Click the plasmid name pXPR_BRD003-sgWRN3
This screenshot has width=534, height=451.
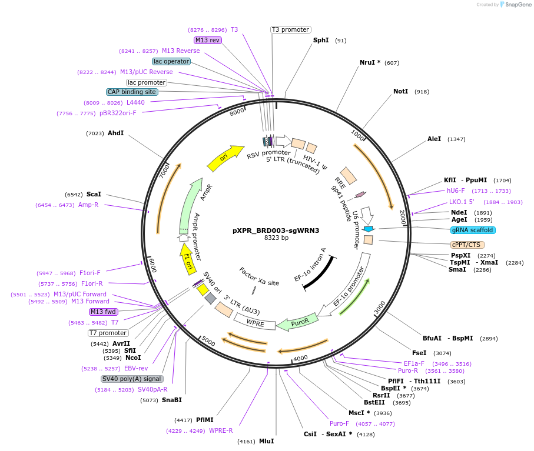coord(276,230)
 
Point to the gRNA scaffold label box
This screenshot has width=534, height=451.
coord(473,230)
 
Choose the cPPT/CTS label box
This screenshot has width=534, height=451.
coord(467,245)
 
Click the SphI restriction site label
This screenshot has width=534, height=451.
coord(321,41)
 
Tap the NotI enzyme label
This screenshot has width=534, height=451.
coord(400,92)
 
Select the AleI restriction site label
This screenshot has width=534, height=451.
coord(434,139)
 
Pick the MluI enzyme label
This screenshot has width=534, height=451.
coord(266,441)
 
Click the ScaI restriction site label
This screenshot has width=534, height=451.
coord(94,194)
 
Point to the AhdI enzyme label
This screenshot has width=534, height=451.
coord(115,133)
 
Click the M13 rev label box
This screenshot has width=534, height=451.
coord(208,40)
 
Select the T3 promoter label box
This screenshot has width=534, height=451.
coord(290,29)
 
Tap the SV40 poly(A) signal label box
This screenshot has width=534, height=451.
coord(131,379)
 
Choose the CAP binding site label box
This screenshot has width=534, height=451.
coord(132,92)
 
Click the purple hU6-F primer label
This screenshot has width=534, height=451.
coord(456,191)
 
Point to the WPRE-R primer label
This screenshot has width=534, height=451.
coord(221,430)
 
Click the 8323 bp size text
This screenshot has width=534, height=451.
coord(276,238)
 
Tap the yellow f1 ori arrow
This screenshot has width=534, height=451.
coord(188,259)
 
